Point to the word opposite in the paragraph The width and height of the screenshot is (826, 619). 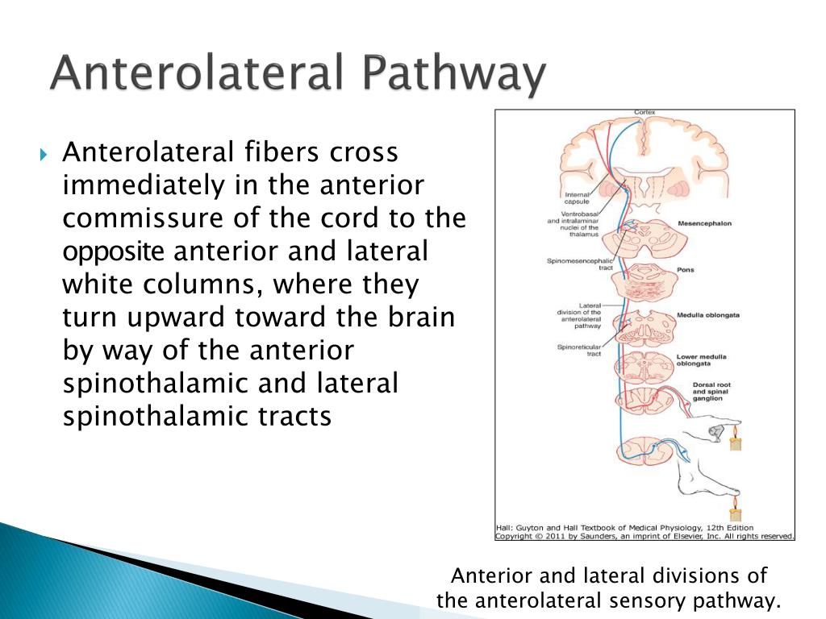click(x=113, y=251)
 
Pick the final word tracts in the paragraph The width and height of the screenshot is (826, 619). click(x=293, y=416)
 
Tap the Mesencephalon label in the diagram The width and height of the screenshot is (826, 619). click(x=704, y=223)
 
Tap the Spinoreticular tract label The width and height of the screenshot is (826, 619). click(x=578, y=351)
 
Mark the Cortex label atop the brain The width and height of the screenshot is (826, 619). click(x=643, y=111)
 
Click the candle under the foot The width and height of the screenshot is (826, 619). click(x=734, y=513)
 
